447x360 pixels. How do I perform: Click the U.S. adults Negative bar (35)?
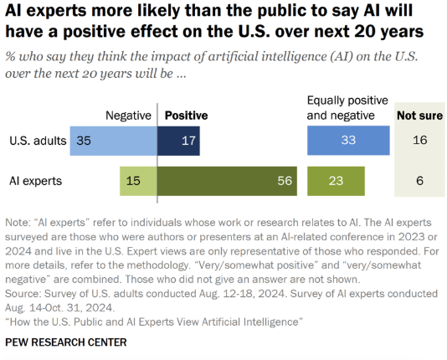(x=114, y=141)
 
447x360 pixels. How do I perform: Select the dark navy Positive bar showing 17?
(x=178, y=141)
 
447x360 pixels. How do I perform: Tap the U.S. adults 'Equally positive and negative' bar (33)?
(x=348, y=141)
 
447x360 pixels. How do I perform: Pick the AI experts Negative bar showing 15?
(x=138, y=181)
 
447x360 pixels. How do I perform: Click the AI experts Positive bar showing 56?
(x=227, y=181)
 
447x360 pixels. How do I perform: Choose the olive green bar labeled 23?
(x=336, y=181)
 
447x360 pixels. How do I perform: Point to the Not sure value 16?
(x=420, y=141)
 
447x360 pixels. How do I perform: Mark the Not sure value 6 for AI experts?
(x=419, y=181)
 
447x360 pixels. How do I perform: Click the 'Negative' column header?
(x=128, y=116)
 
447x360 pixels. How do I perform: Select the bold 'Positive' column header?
(x=187, y=116)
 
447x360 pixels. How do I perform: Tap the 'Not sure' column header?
(x=420, y=116)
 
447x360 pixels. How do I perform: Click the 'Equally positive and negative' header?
(x=347, y=108)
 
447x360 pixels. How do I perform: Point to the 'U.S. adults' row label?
(x=38, y=141)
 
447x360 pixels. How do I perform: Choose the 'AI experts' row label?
(x=36, y=181)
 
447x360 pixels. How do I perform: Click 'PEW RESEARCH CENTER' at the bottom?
(x=66, y=342)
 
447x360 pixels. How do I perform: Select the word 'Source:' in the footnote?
(x=23, y=294)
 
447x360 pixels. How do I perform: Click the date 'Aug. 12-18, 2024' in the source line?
(x=242, y=294)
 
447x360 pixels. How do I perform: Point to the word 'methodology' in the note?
(x=157, y=265)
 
